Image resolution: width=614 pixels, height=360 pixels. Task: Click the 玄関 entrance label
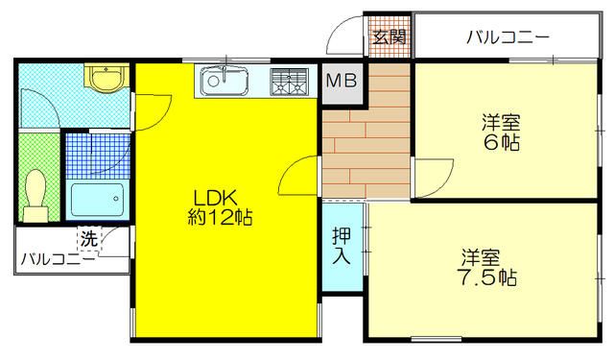pyautogui.click(x=389, y=38)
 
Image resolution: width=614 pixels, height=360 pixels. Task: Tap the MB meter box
pyautogui.click(x=340, y=82)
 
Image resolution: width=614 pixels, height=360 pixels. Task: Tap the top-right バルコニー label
pyautogui.click(x=508, y=38)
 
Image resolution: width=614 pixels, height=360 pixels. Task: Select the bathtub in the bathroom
pyautogui.click(x=97, y=200)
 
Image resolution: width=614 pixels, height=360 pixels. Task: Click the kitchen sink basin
pyautogui.click(x=224, y=82)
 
